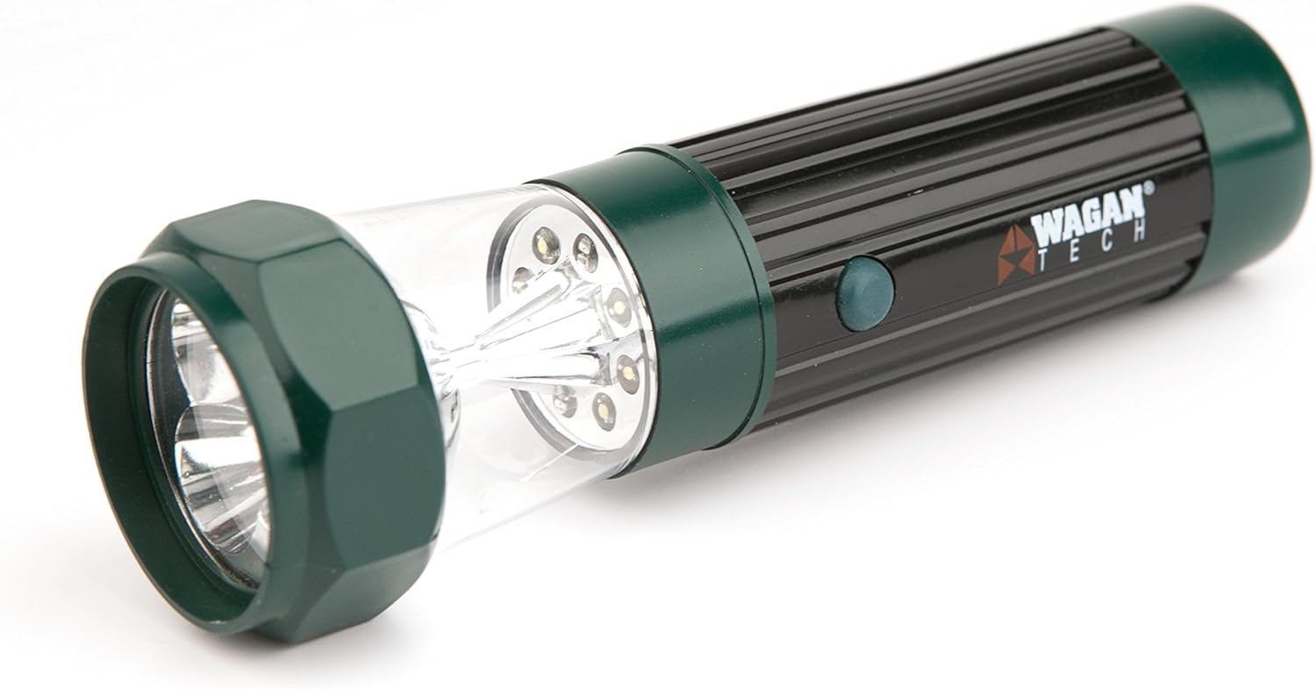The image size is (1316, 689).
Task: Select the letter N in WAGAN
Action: (x=1134, y=212)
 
